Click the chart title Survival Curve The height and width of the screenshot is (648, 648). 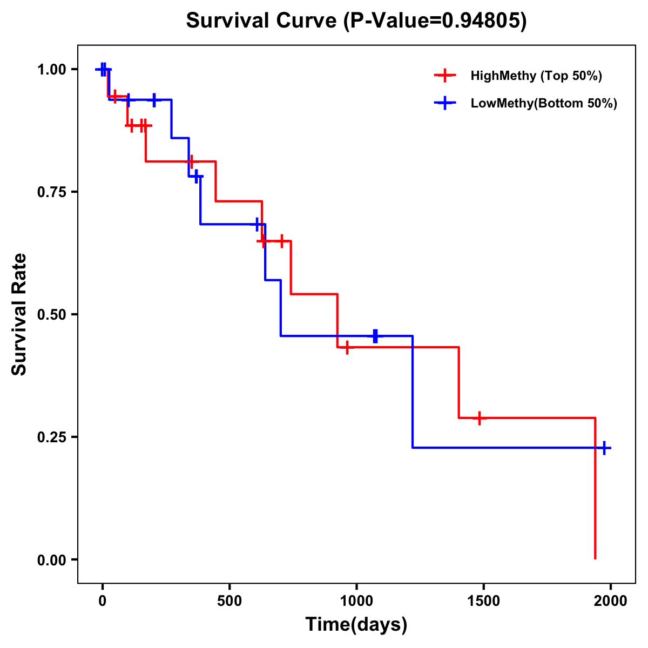click(356, 21)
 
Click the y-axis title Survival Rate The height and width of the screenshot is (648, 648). click(19, 314)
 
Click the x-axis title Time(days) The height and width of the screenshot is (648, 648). click(356, 624)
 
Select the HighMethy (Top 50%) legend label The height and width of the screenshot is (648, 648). click(536, 76)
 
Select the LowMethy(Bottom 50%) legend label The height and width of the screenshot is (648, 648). click(544, 103)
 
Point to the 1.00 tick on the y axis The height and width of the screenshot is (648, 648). click(52, 69)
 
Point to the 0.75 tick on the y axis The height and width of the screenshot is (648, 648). click(52, 192)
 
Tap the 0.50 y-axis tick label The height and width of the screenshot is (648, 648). click(52, 314)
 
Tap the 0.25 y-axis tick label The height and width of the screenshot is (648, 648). click(52, 437)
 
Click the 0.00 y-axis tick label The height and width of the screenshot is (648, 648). click(52, 559)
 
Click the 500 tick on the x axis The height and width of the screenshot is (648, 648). click(230, 600)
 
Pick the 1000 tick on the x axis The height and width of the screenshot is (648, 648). click(356, 600)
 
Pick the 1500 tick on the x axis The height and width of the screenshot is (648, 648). click(483, 600)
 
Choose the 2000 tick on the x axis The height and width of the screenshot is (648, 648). click(611, 600)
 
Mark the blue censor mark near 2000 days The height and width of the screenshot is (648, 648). click(604, 448)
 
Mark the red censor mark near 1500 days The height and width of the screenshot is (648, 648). click(479, 418)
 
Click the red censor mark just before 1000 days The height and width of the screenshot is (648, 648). click(347, 347)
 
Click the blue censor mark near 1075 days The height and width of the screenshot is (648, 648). click(375, 336)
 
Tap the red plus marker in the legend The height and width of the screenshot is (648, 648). click(444, 76)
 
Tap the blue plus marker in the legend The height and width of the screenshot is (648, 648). click(444, 103)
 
